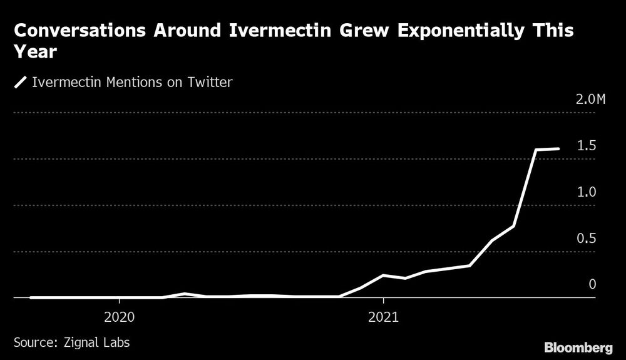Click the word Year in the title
tap(35, 54)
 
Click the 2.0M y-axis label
tap(590, 100)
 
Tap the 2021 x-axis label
tap(384, 317)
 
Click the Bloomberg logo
tap(578, 347)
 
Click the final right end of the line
tap(558, 149)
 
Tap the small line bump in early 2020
tap(185, 294)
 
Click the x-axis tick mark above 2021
tap(384, 302)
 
